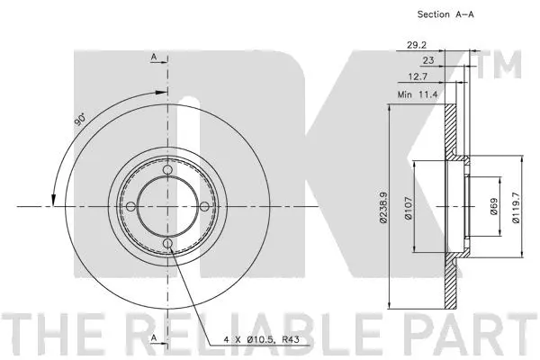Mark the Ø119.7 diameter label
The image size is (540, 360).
pyautogui.click(x=517, y=206)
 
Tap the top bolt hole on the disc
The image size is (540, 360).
pyautogui.click(x=167, y=171)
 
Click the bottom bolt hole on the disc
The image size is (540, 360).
pyautogui.click(x=167, y=244)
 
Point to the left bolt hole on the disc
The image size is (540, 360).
pyautogui.click(x=131, y=207)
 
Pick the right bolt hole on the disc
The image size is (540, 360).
pyautogui.click(x=204, y=207)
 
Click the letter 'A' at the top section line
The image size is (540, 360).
pyautogui.click(x=154, y=58)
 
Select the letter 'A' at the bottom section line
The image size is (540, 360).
pyautogui.click(x=154, y=337)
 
